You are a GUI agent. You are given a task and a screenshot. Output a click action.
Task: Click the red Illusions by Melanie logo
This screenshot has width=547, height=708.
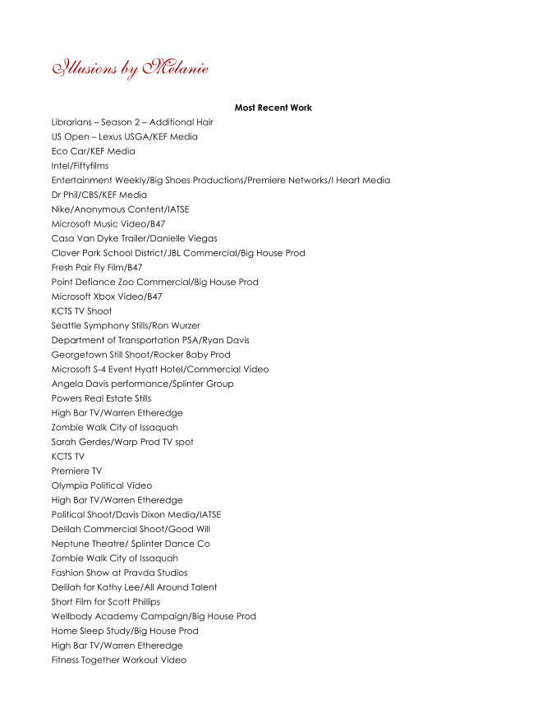point(130,67)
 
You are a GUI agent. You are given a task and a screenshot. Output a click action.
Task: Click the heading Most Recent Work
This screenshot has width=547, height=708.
point(273,108)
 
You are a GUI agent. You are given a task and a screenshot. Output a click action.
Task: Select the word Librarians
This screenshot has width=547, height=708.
point(72,122)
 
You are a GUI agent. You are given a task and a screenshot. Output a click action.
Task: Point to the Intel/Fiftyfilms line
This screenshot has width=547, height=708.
point(80,166)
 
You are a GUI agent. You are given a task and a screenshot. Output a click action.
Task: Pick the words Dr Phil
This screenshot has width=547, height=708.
point(63,195)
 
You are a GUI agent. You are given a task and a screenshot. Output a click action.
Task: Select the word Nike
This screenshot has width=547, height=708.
point(61,209)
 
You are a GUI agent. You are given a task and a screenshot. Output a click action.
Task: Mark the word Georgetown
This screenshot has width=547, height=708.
point(78,355)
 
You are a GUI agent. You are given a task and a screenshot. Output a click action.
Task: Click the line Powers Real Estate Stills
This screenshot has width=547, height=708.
point(101,398)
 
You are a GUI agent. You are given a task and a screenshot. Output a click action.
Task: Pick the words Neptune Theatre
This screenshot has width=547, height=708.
point(87,544)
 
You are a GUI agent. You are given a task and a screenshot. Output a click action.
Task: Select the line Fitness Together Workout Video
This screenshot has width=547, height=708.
point(118,660)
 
